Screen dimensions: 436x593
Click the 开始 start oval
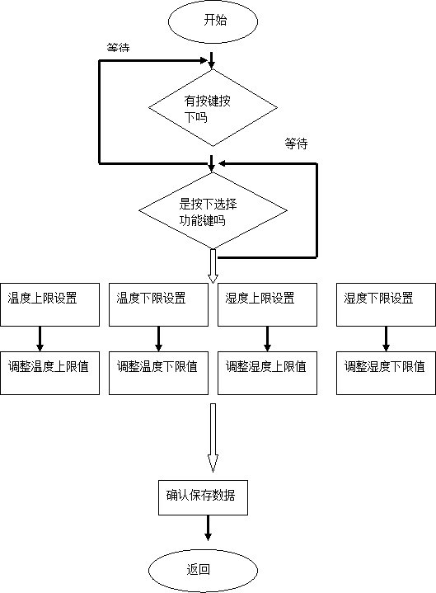click(213, 21)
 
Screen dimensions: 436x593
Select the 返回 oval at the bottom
click(203, 570)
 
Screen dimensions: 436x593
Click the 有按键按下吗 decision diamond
click(213, 108)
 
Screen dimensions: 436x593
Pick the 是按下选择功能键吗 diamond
click(213, 210)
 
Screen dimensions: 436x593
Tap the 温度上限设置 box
click(50, 304)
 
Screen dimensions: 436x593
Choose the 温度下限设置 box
click(159, 304)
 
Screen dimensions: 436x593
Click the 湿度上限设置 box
click(267, 304)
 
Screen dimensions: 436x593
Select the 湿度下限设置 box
click(386, 304)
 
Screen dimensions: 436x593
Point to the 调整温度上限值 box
click(50, 374)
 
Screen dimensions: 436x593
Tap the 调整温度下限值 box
click(159, 374)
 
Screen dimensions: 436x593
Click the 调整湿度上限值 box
click(267, 374)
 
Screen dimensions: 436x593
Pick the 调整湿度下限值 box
click(386, 374)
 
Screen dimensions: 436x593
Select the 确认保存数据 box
click(203, 497)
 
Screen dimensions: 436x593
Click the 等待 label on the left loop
click(118, 48)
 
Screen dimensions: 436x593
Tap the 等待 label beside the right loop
click(296, 144)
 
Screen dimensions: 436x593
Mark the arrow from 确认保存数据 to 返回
click(208, 528)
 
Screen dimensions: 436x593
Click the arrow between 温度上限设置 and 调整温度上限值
click(40, 339)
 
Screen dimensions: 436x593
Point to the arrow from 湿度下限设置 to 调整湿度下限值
click(386, 339)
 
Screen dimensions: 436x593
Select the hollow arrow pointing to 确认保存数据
click(213, 438)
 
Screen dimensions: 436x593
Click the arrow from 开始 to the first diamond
click(212, 60)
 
